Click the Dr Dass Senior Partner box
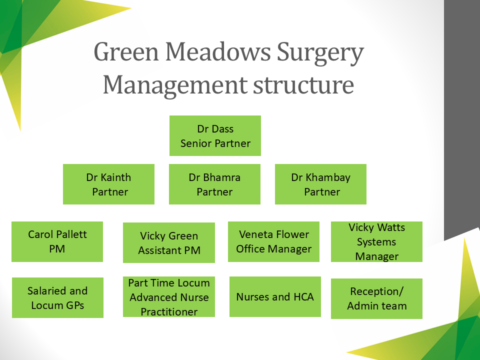215,135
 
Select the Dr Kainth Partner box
108,184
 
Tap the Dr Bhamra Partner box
214,184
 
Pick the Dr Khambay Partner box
320,184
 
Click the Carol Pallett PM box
57,241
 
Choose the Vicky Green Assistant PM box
169,242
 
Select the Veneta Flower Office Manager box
273,241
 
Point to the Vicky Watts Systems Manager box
376,241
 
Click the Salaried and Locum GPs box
57,297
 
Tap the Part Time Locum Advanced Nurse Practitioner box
169,296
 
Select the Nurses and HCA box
275,296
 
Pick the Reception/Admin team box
376,298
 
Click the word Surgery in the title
320,52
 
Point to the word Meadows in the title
218,51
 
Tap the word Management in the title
175,85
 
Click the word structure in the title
303,85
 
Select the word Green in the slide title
126,51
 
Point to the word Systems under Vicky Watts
376,242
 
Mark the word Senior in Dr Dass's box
196,143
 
